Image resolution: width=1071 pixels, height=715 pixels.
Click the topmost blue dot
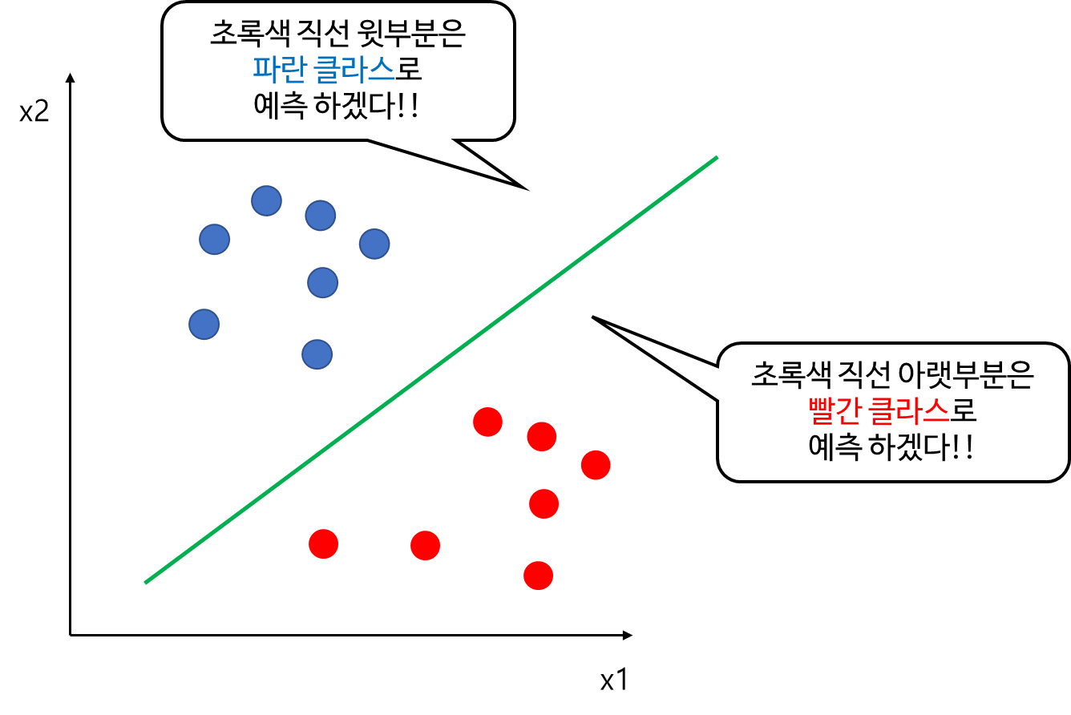(x=266, y=200)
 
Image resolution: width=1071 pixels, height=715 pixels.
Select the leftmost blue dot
(x=204, y=324)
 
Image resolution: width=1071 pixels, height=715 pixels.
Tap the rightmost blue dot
(x=374, y=244)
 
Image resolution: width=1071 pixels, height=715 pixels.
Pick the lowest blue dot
(x=317, y=354)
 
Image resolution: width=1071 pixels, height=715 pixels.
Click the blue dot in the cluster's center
(x=322, y=282)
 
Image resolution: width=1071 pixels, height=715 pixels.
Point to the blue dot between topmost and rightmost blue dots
(x=320, y=216)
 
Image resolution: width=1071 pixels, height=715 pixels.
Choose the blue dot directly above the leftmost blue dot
(x=214, y=239)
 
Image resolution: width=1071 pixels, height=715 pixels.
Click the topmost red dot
(x=487, y=422)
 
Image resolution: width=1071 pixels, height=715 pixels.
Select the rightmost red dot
(x=596, y=465)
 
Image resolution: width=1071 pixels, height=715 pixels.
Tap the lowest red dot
(x=538, y=576)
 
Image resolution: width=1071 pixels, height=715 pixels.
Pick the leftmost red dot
(x=323, y=543)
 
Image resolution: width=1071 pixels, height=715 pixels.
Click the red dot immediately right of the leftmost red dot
(x=425, y=545)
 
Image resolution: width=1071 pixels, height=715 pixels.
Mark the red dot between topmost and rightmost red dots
(x=542, y=436)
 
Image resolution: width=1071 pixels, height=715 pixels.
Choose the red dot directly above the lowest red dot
(x=544, y=503)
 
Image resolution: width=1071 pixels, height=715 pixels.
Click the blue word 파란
(x=279, y=70)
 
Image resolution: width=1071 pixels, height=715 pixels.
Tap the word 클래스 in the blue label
(x=354, y=70)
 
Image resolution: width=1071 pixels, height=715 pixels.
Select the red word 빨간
(x=834, y=411)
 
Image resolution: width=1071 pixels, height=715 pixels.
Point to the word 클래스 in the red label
(x=909, y=411)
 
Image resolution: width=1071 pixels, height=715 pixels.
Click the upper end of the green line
(x=716, y=158)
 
